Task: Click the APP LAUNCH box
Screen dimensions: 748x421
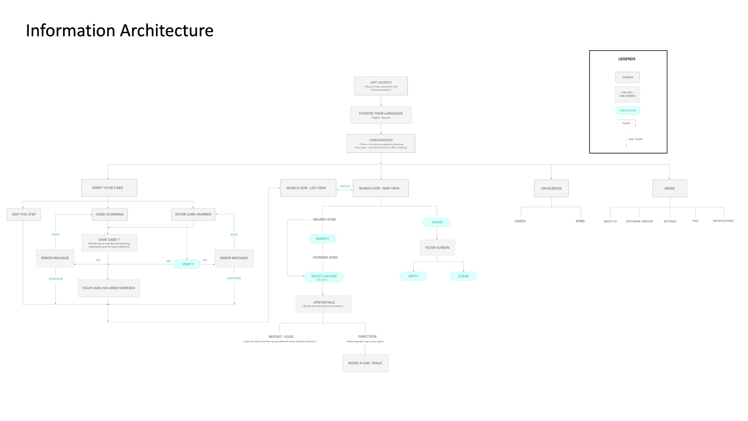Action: (x=381, y=86)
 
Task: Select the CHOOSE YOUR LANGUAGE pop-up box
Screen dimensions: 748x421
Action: (x=381, y=115)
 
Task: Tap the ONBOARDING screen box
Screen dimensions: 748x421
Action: (x=381, y=143)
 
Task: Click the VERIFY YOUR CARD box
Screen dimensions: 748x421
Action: (x=109, y=188)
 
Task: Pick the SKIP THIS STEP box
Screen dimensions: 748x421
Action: (x=24, y=214)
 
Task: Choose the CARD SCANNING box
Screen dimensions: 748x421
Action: (x=110, y=214)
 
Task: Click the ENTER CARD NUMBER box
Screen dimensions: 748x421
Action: (x=193, y=214)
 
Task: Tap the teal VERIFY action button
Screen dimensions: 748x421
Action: (x=187, y=264)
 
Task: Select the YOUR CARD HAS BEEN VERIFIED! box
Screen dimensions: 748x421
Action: (x=109, y=288)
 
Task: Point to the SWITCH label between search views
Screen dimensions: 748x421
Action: (x=345, y=186)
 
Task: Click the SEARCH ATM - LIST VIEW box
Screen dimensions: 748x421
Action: (x=308, y=188)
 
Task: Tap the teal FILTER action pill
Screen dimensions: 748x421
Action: (x=437, y=222)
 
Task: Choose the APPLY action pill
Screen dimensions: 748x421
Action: (x=413, y=276)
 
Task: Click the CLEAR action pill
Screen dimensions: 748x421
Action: (x=463, y=276)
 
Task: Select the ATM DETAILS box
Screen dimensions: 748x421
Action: (x=323, y=304)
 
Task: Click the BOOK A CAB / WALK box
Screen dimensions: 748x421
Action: (x=365, y=363)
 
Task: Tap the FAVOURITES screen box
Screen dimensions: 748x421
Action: (x=551, y=188)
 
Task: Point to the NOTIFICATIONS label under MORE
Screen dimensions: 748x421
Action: (x=723, y=221)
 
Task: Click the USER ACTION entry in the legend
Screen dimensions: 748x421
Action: (x=628, y=110)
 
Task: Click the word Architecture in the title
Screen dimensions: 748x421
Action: (x=167, y=31)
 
